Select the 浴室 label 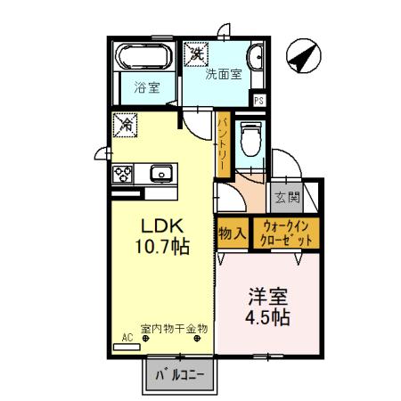pyautogui.click(x=146, y=88)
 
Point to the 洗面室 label pyautogui.click(x=224, y=75)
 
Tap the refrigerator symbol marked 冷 pyautogui.click(x=125, y=125)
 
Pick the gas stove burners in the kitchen pyautogui.click(x=123, y=174)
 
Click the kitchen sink pyautogui.click(x=160, y=173)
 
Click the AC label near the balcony pyautogui.click(x=126, y=338)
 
